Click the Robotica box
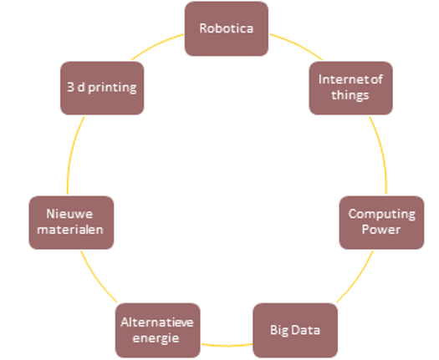pos(227,28)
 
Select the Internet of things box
pos(351,88)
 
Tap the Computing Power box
pos(381,222)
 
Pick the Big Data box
pos(295,330)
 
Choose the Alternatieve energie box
pos(158,330)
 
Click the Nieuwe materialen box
pos(71,222)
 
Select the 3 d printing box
pos(102,88)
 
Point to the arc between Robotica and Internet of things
pos(298,45)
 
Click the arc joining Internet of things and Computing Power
pos(381,154)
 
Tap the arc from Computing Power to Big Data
pos(357,278)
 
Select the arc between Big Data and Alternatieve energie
pos(227,346)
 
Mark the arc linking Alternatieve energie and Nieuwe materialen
pos(97,278)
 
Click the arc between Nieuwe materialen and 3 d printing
pos(73,154)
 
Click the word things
pos(350,95)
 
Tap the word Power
pos(381,230)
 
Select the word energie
pos(156,338)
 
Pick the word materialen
pos(70,230)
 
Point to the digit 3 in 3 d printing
pos(70,87)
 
